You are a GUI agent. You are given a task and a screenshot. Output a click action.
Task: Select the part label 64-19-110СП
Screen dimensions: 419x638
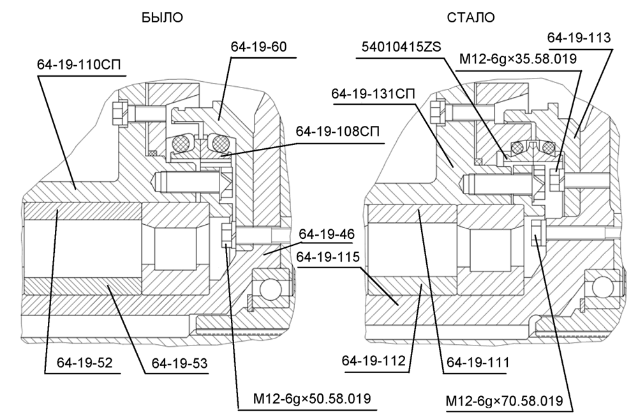78,65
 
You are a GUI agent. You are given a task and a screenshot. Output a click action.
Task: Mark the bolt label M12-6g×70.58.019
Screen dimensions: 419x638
505,401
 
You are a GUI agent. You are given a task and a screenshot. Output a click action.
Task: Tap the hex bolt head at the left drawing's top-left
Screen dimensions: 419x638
117,114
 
